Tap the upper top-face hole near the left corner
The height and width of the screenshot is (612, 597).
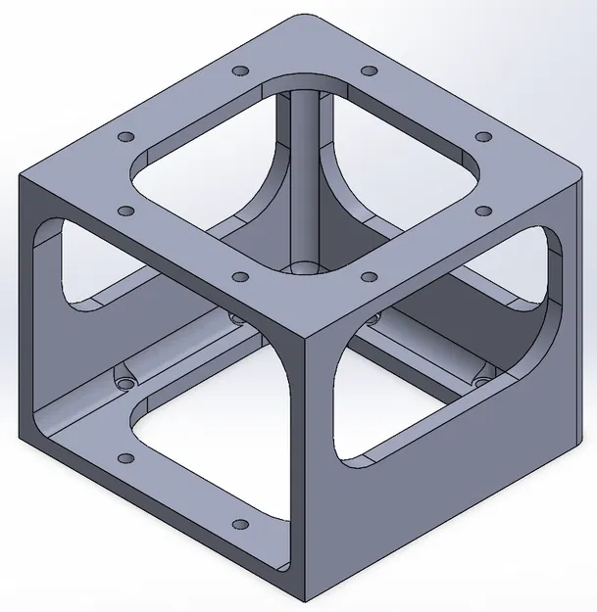[124, 137]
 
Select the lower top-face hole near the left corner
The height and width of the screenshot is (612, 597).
[124, 211]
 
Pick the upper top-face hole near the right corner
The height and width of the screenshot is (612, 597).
[482, 137]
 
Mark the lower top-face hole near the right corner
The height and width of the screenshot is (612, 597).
[482, 210]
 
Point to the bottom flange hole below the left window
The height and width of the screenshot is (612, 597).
[124, 458]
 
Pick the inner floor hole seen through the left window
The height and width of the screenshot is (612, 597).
[124, 381]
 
